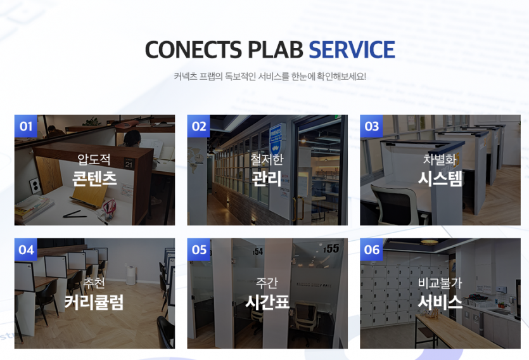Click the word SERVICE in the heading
(352, 49)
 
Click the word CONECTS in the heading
(193, 49)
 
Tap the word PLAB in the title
(276, 49)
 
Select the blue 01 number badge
(25, 126)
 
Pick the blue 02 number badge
(199, 126)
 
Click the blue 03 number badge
(371, 126)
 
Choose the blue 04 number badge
(25, 250)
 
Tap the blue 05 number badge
(199, 250)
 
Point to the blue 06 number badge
(371, 250)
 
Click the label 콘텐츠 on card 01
(94, 179)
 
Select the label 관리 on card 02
(267, 179)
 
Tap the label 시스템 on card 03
(440, 179)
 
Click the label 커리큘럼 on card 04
(94, 302)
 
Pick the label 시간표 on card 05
(267, 302)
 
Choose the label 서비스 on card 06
(440, 302)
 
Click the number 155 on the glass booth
(331, 249)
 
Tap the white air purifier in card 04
(131, 275)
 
